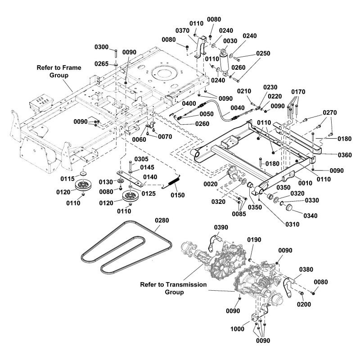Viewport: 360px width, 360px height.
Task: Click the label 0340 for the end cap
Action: pyautogui.click(x=310, y=216)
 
